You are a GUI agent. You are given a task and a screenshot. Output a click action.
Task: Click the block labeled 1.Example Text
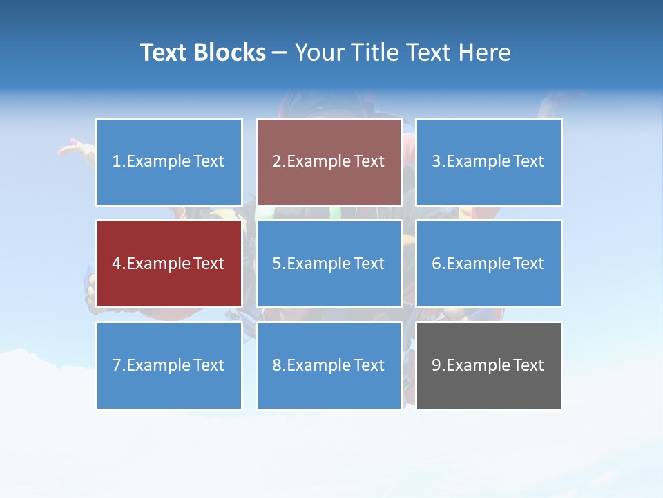pyautogui.click(x=169, y=162)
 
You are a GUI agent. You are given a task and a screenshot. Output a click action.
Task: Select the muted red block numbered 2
pyautogui.click(x=329, y=162)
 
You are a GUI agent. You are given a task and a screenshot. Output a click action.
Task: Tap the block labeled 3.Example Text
pyautogui.click(x=488, y=162)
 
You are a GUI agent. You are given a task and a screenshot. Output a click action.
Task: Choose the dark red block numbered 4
pyautogui.click(x=169, y=264)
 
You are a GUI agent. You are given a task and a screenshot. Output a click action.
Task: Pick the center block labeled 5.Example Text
pyautogui.click(x=329, y=264)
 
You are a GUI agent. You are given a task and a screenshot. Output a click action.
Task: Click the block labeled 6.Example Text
pyautogui.click(x=488, y=264)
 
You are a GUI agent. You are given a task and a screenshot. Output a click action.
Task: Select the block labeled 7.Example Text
pyautogui.click(x=169, y=365)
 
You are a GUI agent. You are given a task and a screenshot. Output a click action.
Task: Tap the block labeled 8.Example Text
pyautogui.click(x=329, y=365)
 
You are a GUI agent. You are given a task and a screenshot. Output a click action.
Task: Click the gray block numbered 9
pyautogui.click(x=488, y=365)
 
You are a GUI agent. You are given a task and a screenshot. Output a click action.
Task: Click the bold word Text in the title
pyautogui.click(x=164, y=53)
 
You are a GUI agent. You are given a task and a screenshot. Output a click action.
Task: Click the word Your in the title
pyautogui.click(x=320, y=53)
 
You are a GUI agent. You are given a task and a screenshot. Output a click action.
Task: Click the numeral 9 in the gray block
pyautogui.click(x=436, y=365)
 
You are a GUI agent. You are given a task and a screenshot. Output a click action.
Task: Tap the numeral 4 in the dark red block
pyautogui.click(x=117, y=264)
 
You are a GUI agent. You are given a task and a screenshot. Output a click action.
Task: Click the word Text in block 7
pyautogui.click(x=209, y=365)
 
